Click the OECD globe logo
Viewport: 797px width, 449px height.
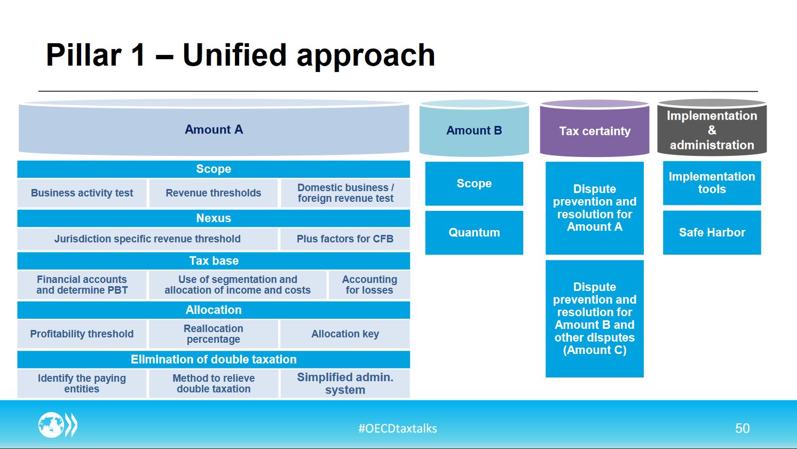[58, 425]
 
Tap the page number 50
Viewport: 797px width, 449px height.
[742, 428]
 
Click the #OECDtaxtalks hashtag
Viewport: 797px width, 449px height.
[398, 428]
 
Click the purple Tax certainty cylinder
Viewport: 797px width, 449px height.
[595, 128]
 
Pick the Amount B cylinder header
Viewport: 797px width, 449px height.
[474, 128]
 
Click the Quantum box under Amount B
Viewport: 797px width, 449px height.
[474, 233]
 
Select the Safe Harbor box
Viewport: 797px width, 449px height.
[712, 232]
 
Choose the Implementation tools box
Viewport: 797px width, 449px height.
[712, 183]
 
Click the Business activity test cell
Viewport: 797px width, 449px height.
[82, 193]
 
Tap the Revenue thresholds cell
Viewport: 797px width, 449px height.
[213, 193]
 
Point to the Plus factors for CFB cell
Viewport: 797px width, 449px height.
[345, 239]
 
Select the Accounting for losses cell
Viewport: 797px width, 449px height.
[369, 285]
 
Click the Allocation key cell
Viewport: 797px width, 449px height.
[345, 334]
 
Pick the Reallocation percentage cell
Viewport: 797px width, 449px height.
[213, 334]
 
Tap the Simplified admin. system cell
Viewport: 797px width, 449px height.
[345, 383]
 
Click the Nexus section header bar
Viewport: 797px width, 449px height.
[214, 218]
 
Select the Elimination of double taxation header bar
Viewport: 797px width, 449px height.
[214, 359]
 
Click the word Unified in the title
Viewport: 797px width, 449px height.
[234, 55]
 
